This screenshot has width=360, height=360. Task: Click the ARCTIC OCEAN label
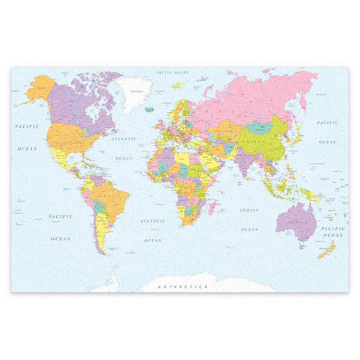[x=172, y=73]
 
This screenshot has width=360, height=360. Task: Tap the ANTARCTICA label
[x=183, y=287]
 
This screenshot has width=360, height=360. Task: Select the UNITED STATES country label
[x=69, y=143]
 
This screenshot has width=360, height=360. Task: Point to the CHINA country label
[x=251, y=142]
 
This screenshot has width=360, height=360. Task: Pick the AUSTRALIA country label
[x=297, y=222]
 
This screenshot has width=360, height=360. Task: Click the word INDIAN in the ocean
[x=249, y=210]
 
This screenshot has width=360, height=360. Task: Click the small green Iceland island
[x=149, y=109]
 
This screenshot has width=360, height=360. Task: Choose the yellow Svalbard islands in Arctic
[x=178, y=86]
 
